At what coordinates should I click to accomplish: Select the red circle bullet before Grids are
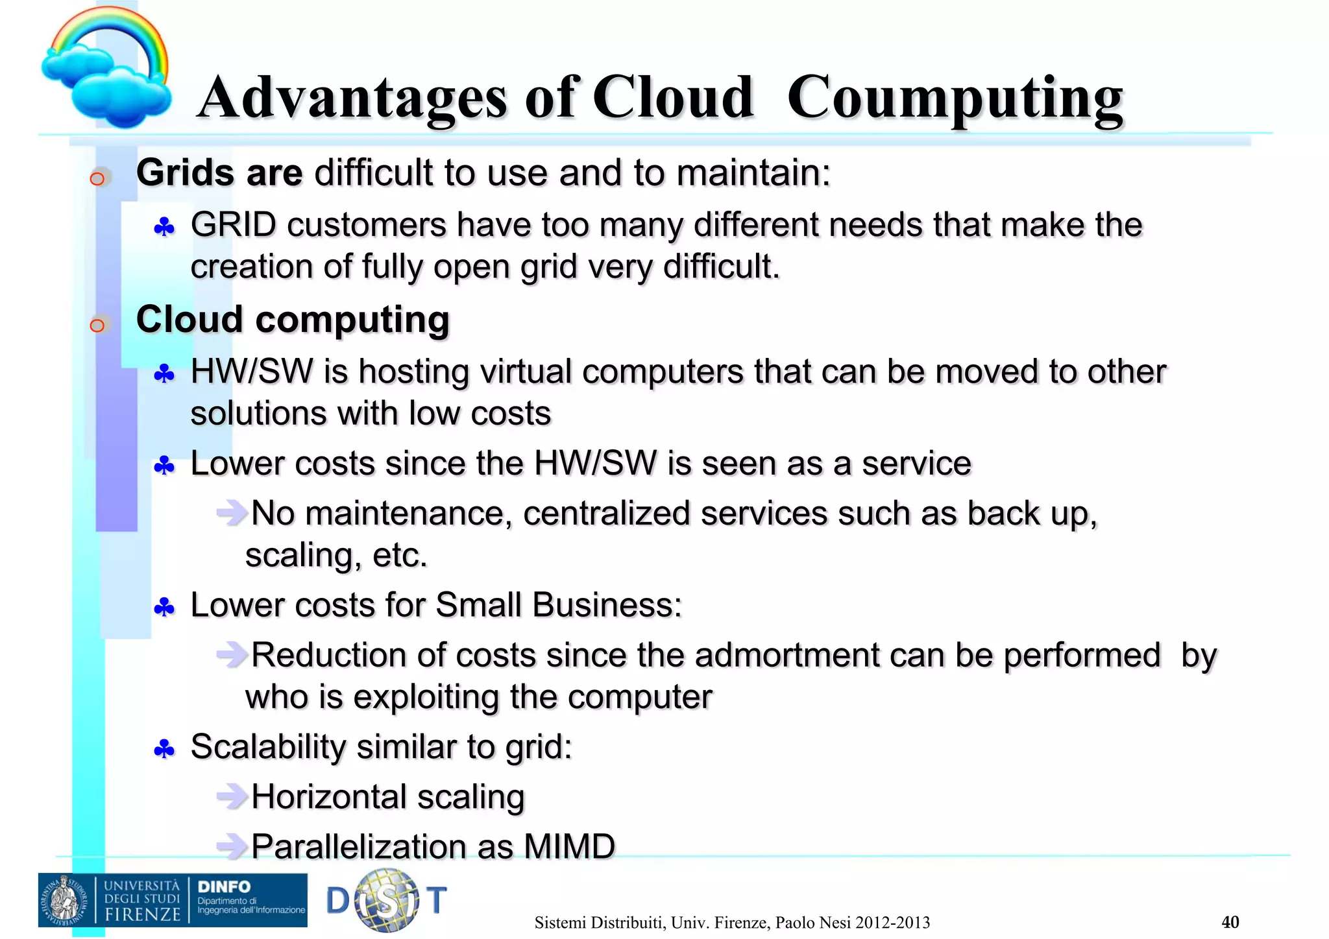(97, 178)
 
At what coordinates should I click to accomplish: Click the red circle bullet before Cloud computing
(97, 325)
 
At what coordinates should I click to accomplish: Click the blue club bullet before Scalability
(164, 750)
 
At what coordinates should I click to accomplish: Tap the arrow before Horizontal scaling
(232, 796)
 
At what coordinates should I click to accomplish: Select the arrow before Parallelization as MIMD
(232, 846)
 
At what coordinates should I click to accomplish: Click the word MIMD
(569, 846)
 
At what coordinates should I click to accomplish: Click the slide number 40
(1230, 921)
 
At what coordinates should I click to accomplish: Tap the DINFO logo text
(224, 886)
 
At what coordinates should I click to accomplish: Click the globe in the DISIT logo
(387, 900)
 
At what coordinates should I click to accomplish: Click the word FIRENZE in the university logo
(143, 914)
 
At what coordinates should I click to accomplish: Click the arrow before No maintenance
(232, 513)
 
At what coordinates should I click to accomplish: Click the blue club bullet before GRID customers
(164, 227)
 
